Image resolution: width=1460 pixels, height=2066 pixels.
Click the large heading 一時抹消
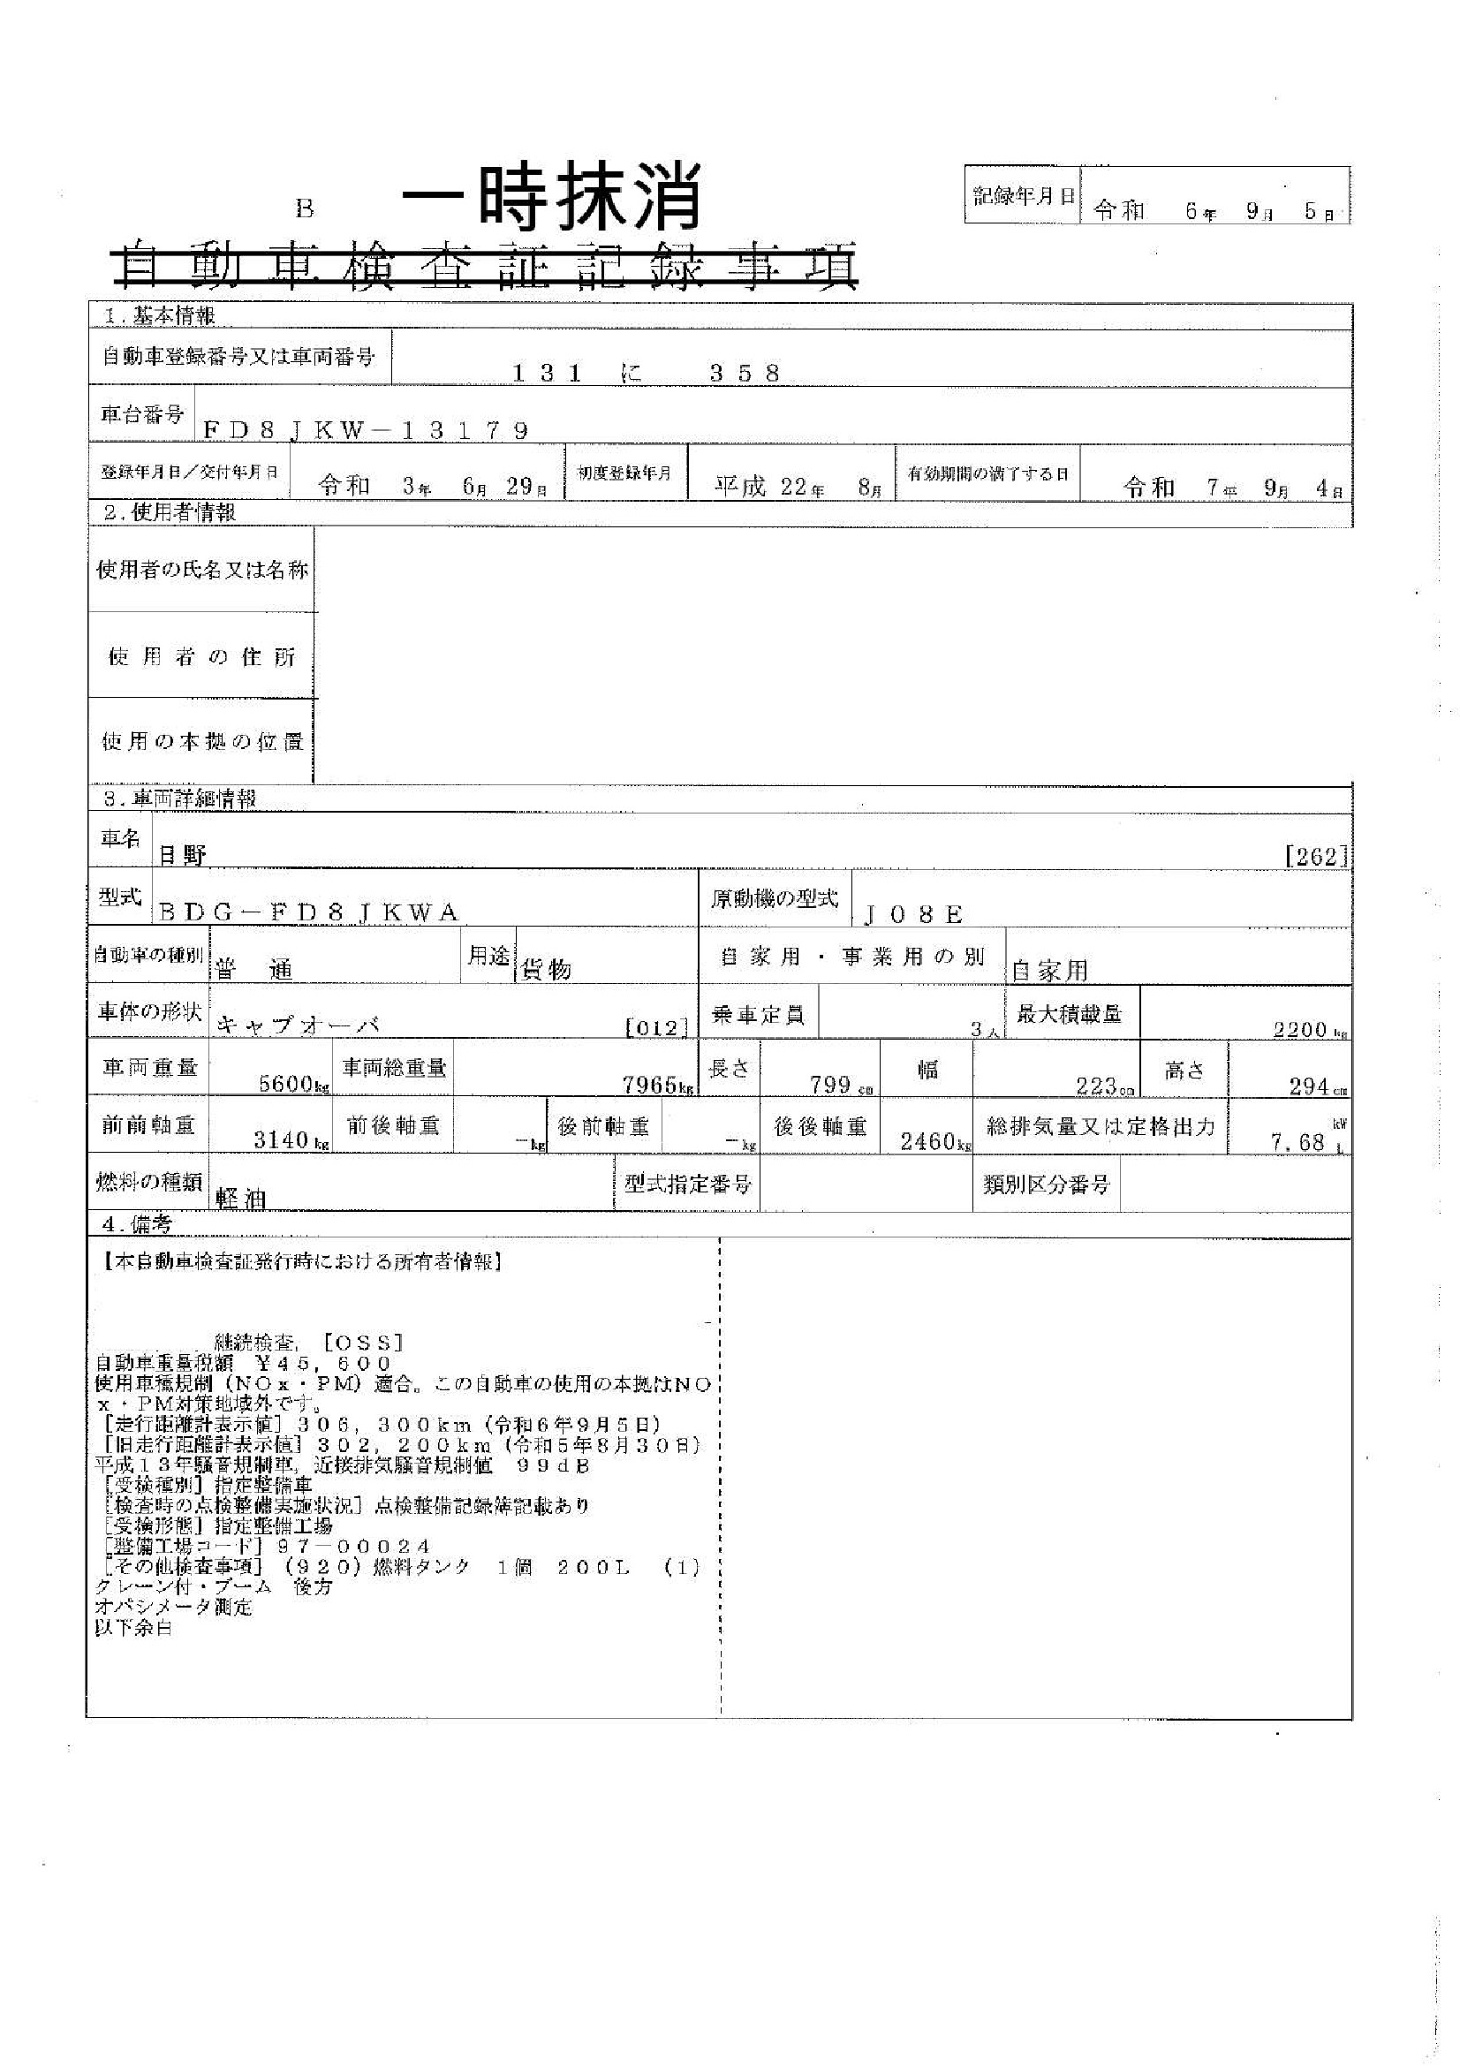(550, 198)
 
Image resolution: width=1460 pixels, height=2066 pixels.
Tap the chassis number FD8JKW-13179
(366, 430)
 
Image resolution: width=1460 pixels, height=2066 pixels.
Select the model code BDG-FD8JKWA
(308, 913)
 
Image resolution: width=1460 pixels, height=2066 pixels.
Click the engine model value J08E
(913, 915)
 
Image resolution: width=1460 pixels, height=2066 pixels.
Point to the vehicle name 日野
(183, 856)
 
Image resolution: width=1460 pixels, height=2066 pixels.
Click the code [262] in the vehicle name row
(1316, 856)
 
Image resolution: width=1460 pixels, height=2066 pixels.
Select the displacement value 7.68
(1298, 1143)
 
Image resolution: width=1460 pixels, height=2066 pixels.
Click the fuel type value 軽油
(240, 1198)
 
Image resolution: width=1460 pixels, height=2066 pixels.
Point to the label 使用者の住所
(201, 657)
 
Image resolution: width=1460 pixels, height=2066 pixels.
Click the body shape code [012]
(656, 1027)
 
